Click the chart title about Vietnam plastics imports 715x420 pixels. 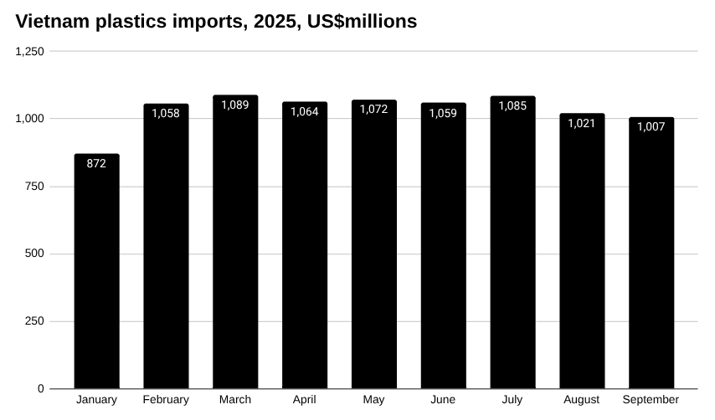pos(216,22)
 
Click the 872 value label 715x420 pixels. pos(96,164)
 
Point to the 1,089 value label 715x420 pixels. pos(235,105)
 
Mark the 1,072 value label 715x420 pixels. pos(373,110)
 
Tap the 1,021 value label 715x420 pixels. pos(581,123)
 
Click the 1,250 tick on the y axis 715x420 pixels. pos(30,51)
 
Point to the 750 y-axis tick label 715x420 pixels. pos(34,187)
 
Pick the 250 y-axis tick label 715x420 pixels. pos(34,321)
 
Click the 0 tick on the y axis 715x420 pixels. pos(41,389)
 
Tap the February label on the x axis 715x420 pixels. pos(166,400)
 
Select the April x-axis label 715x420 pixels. pos(304,400)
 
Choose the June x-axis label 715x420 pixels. pos(443,400)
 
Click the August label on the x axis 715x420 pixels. pos(581,400)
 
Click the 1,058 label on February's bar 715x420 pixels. pos(166,114)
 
